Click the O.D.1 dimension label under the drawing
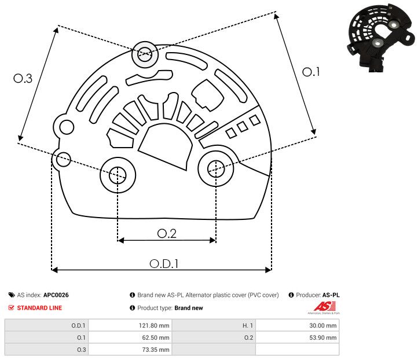tap(164, 263)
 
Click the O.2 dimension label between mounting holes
tap(167, 233)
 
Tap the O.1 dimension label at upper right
tap(311, 72)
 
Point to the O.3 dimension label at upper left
tap(23, 78)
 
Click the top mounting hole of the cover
tap(144, 56)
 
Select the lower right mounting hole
tap(216, 168)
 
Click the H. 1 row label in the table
tap(245, 325)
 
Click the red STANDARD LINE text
tap(39, 308)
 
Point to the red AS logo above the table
tap(322, 306)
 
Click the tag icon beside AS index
tap(12, 295)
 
